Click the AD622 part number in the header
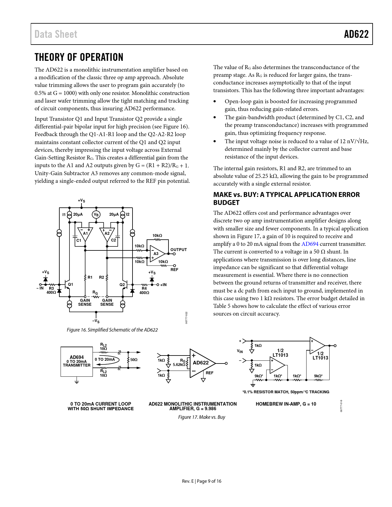pyautogui.click(x=356, y=34)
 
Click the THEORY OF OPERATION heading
pyautogui.click(x=79, y=57)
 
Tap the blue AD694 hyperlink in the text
pyautogui.click(x=310, y=244)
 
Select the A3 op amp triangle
pyautogui.click(x=157, y=253)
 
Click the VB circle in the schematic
pyautogui.click(x=96, y=214)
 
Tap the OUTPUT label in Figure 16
pyautogui.click(x=179, y=250)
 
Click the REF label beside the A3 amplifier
pyautogui.click(x=174, y=269)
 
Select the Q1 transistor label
pyautogui.click(x=70, y=284)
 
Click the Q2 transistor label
pyautogui.click(x=122, y=285)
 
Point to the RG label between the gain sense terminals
pyautogui.click(x=95, y=293)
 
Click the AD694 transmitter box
pyautogui.click(x=77, y=361)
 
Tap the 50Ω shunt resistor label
pyautogui.click(x=134, y=360)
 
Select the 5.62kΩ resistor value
pyautogui.click(x=179, y=365)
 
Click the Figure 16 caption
pyautogui.click(x=112, y=330)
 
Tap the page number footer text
pyautogui.click(x=202, y=481)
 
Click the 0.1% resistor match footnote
pyautogui.click(x=286, y=392)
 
